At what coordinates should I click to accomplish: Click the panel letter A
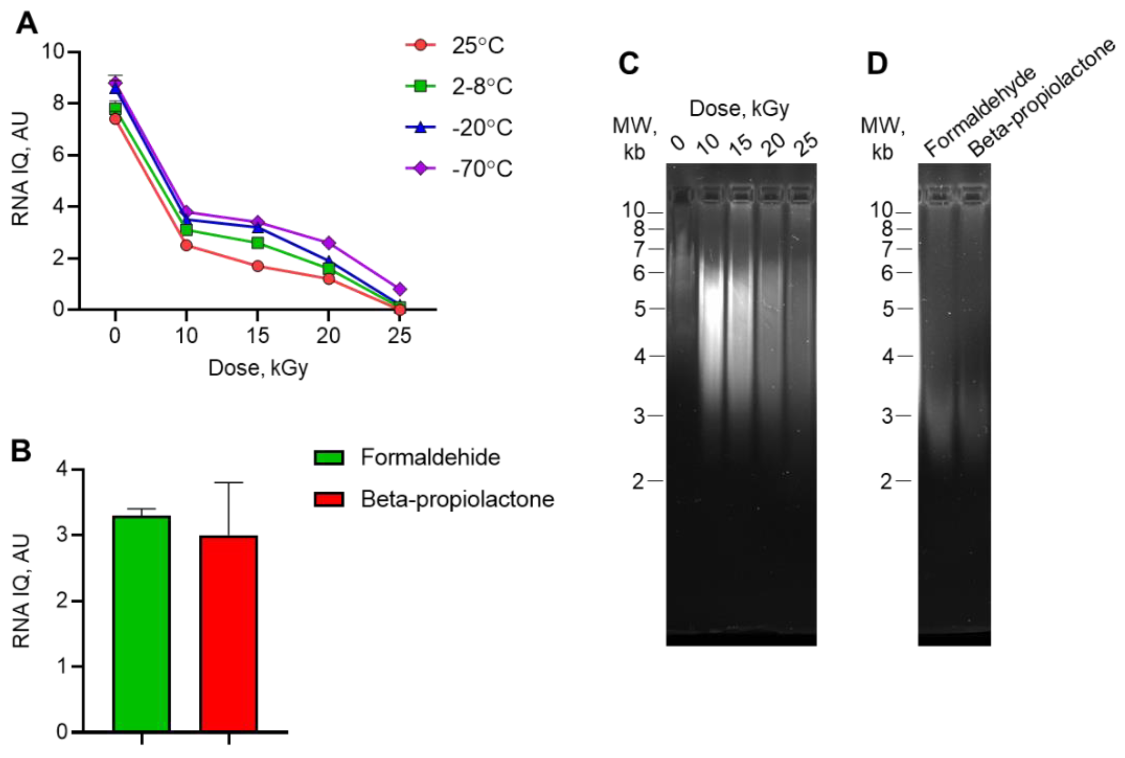(x=27, y=23)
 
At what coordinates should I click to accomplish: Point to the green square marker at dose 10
(x=186, y=229)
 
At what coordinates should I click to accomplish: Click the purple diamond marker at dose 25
(x=400, y=289)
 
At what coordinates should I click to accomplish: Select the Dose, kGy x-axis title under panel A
(x=258, y=368)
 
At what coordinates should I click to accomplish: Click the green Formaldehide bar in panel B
(x=142, y=624)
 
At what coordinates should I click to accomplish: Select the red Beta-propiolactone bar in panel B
(x=228, y=633)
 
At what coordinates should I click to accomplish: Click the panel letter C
(x=629, y=64)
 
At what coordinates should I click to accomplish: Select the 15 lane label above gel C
(x=740, y=145)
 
